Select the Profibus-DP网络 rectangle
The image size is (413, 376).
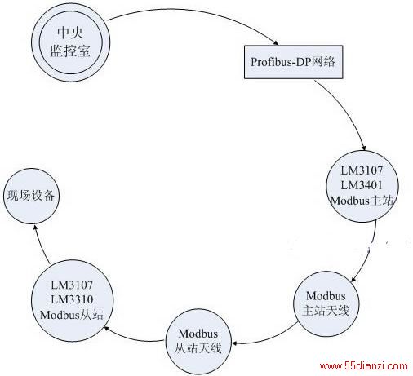coord(293,62)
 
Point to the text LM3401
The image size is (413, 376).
coord(362,185)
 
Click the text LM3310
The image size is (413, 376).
coord(72,299)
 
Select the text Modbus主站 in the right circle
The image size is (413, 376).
coord(362,201)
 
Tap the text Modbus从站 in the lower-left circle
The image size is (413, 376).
coord(72,315)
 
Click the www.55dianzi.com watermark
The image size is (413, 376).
coord(364,365)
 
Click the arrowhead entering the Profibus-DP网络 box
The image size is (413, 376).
coord(276,42)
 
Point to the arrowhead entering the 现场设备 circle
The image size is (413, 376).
coord(35,228)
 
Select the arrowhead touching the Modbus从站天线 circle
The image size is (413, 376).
coord(234,343)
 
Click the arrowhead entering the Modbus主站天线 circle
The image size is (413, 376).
coord(353,280)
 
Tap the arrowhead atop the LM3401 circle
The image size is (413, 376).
coord(363,148)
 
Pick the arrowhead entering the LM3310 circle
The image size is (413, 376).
coord(107,328)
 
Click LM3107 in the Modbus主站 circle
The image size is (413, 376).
coord(362,170)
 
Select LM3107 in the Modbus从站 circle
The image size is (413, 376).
coord(72,285)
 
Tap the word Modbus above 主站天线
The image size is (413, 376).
coord(326,296)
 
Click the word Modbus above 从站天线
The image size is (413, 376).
coord(198,334)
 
